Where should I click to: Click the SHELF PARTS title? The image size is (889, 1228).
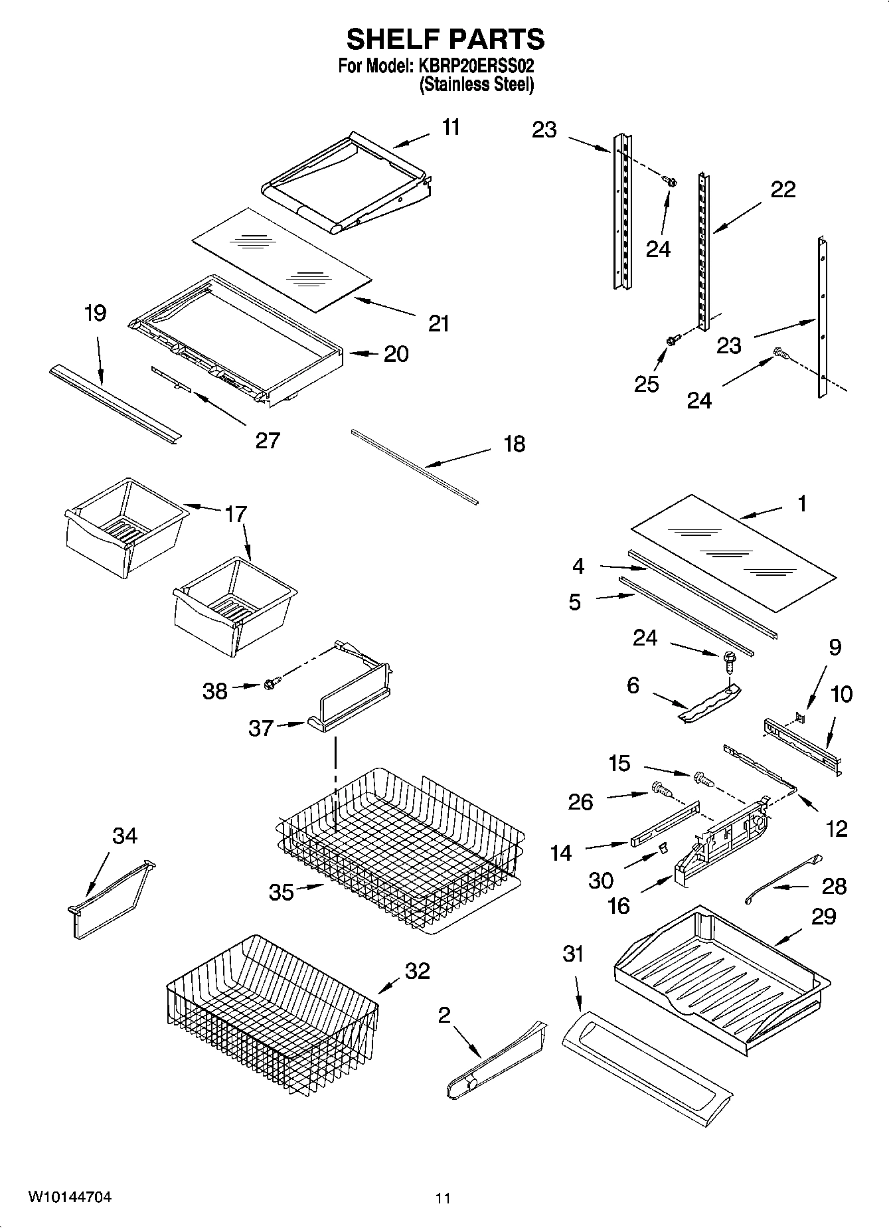click(445, 40)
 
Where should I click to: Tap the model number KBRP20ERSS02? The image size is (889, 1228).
click(476, 66)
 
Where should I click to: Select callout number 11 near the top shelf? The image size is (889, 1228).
click(451, 127)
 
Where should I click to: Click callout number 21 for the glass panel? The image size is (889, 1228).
click(439, 323)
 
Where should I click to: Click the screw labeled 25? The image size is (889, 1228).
click(671, 341)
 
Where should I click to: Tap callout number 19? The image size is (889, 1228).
click(96, 313)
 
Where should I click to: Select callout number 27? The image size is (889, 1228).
click(268, 440)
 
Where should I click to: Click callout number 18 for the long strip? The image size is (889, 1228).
click(514, 444)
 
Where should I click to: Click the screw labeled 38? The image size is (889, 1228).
click(271, 683)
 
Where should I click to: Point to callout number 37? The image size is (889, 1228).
click(261, 728)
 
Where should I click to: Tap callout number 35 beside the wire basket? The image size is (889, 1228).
click(282, 892)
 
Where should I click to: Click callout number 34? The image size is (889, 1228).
click(124, 835)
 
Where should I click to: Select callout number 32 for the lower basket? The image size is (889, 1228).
click(418, 971)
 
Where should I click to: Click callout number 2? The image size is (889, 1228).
click(444, 1014)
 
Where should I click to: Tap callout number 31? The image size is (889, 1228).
click(572, 954)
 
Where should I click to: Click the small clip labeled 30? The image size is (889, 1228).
click(662, 849)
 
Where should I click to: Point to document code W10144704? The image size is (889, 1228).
click(69, 1197)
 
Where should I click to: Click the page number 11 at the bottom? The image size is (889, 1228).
click(443, 1198)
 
